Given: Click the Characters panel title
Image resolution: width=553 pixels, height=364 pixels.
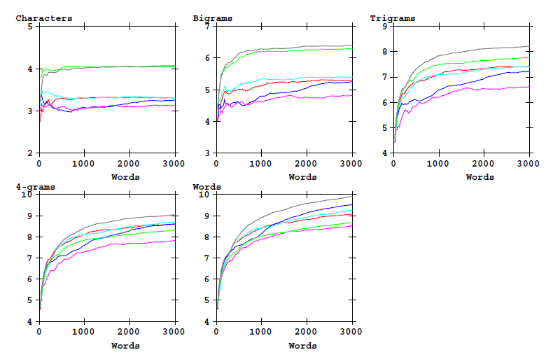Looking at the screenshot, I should tap(43, 18).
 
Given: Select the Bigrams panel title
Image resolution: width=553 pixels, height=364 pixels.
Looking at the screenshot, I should tap(213, 18).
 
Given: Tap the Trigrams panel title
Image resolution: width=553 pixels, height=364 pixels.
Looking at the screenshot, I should tap(393, 18).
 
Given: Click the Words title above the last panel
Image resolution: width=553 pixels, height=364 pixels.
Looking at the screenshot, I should tap(207, 187).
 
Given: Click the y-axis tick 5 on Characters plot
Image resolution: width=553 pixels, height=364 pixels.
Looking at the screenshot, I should tap(29, 27).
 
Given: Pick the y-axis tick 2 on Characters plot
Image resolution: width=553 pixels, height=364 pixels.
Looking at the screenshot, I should tap(29, 153).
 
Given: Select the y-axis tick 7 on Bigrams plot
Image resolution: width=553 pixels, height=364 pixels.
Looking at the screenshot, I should tap(206, 27).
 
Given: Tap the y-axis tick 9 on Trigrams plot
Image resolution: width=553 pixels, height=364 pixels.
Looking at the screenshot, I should tap(384, 27).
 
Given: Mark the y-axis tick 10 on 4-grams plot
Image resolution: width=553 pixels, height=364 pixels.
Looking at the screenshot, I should tap(27, 195).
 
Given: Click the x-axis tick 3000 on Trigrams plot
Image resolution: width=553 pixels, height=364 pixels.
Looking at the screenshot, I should tap(528, 163).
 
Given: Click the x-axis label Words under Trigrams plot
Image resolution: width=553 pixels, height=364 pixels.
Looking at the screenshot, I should tap(479, 177).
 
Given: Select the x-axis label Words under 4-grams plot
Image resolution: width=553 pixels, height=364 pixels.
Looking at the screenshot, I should tap(125, 346).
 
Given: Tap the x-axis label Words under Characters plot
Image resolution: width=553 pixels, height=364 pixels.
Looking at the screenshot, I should tap(125, 177).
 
